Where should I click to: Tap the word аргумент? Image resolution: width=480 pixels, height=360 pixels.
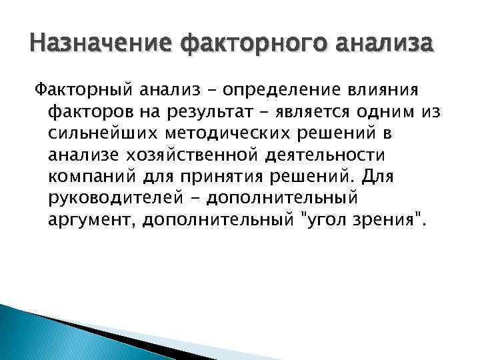coord(84,221)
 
